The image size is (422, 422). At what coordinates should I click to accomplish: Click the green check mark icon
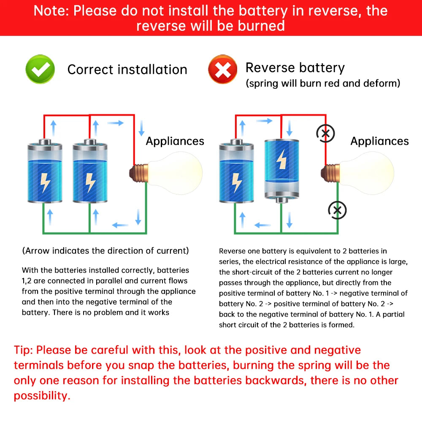click(x=40, y=69)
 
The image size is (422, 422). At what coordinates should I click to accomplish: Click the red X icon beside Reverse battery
click(x=223, y=69)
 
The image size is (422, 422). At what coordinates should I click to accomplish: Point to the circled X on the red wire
click(x=325, y=134)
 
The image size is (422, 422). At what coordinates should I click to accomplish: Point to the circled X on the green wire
click(x=337, y=210)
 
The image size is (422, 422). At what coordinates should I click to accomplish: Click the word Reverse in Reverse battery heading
click(x=271, y=68)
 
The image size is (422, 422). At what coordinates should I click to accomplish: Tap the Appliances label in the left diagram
click(x=175, y=141)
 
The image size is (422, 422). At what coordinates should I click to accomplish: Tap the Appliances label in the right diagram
click(x=379, y=141)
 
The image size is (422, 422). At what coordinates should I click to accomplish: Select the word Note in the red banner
click(x=51, y=11)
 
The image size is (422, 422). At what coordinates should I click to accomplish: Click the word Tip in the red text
click(x=23, y=350)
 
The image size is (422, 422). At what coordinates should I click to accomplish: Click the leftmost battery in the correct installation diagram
click(x=45, y=171)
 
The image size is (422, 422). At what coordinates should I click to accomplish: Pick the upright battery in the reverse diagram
click(x=236, y=171)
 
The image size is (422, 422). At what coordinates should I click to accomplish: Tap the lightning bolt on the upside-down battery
click(x=281, y=160)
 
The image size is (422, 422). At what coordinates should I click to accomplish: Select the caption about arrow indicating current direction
click(x=105, y=251)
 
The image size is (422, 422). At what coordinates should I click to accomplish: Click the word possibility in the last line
click(x=41, y=396)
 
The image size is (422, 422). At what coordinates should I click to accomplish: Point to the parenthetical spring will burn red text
click(x=322, y=83)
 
